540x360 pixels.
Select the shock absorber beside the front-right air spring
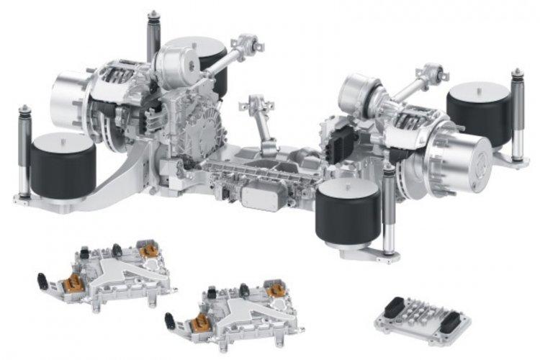(390, 209)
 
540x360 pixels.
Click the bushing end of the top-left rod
(248, 41)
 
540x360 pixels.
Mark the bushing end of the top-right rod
(432, 72)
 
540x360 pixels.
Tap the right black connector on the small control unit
(450, 325)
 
